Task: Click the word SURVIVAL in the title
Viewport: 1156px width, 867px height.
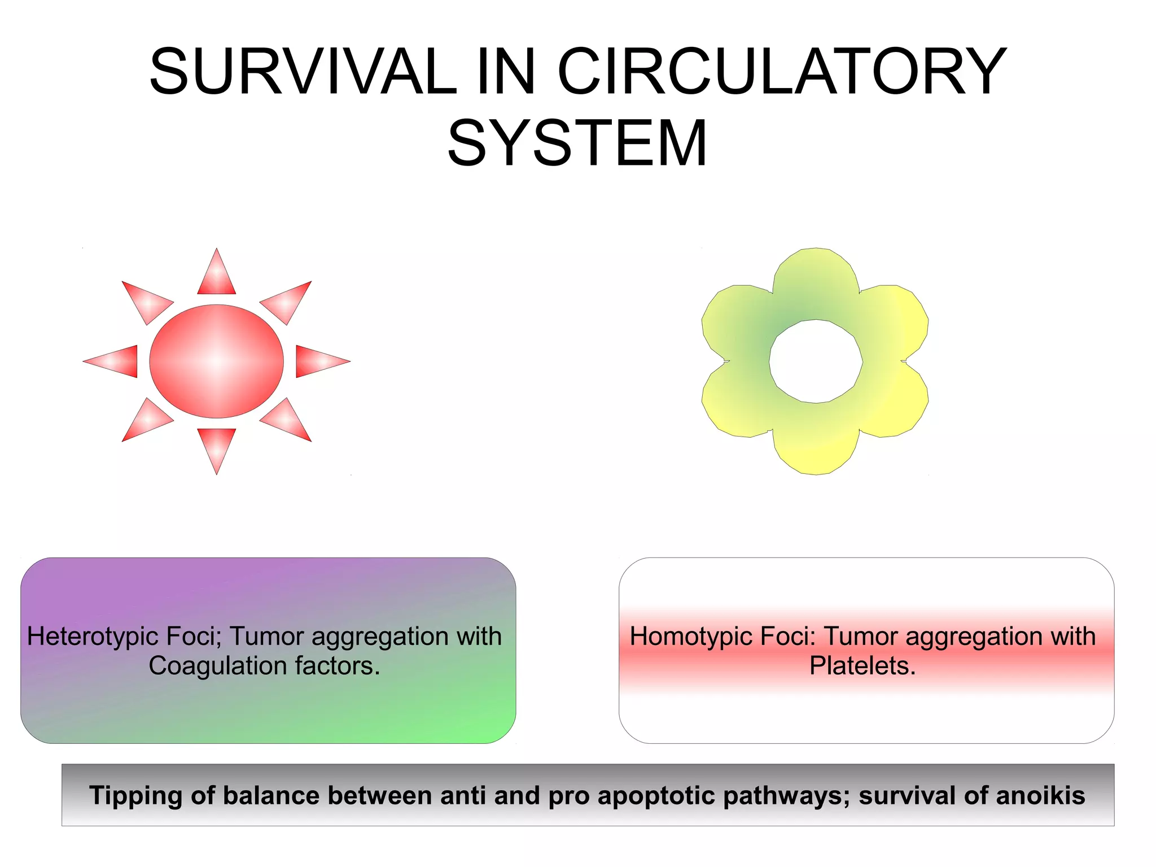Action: pyautogui.click(x=303, y=72)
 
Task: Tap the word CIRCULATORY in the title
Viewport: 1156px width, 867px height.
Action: pyautogui.click(x=782, y=72)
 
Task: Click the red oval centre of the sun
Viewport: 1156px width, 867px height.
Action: pyautogui.click(x=217, y=361)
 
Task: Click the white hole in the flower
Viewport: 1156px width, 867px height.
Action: pyautogui.click(x=816, y=361)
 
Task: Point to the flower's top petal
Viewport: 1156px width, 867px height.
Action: pyautogui.click(x=816, y=282)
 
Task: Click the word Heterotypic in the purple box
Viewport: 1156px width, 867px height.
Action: pyautogui.click(x=93, y=637)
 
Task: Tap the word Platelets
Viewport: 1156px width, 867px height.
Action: pyautogui.click(x=862, y=666)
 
